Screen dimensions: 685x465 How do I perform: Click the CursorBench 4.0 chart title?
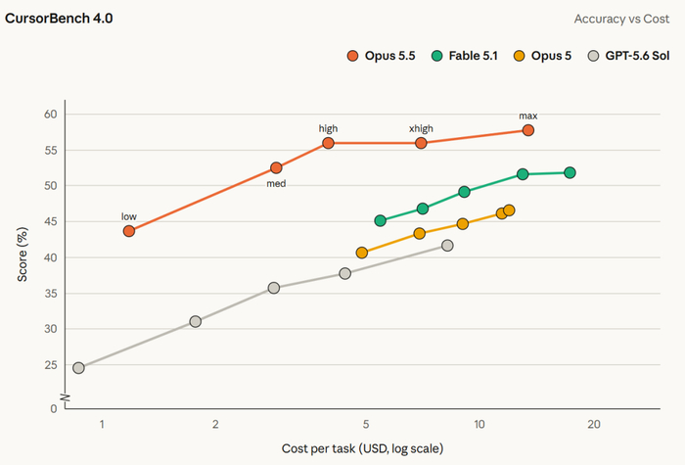(59, 19)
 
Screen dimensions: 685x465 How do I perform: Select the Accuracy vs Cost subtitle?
(621, 19)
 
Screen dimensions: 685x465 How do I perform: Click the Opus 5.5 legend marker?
(352, 56)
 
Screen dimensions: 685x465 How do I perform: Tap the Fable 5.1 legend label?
(473, 56)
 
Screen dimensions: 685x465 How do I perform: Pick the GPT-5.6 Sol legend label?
(637, 56)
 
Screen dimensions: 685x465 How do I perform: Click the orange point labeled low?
(129, 231)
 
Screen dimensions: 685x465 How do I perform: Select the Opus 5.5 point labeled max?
(528, 130)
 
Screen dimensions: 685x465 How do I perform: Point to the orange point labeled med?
(276, 167)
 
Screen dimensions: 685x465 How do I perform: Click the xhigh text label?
(421, 128)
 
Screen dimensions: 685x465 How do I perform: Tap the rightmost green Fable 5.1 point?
(570, 172)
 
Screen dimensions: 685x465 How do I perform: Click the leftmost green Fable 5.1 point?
(381, 220)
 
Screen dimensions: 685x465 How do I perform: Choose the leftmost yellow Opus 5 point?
(362, 253)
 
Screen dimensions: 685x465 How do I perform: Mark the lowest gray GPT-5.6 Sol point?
(78, 368)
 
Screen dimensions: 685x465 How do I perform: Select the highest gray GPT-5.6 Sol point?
(447, 246)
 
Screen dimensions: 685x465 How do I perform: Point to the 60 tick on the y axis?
(51, 115)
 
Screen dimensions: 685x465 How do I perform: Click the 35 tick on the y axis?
(51, 294)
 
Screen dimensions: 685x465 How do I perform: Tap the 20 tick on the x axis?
(594, 424)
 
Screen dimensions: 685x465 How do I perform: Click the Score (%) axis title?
(23, 255)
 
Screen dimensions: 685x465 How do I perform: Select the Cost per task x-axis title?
(363, 448)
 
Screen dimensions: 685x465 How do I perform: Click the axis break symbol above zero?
(66, 398)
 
